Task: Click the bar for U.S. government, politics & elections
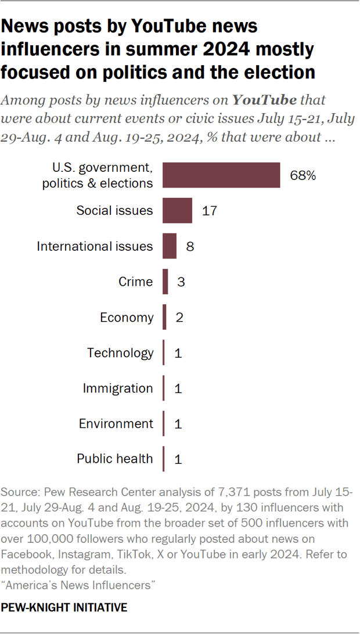[x=221, y=175]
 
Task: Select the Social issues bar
[x=177, y=210]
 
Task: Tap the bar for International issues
[x=170, y=246]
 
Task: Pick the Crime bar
[x=165, y=282]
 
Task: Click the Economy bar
[x=165, y=318]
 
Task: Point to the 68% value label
[x=303, y=175]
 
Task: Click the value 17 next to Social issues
[x=210, y=210]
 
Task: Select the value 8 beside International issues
[x=189, y=246]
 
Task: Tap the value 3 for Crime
[x=181, y=282]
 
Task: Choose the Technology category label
[x=120, y=352]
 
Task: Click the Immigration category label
[x=118, y=388]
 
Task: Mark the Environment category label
[x=116, y=423]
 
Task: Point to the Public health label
[x=115, y=459]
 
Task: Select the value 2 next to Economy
[x=179, y=318]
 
